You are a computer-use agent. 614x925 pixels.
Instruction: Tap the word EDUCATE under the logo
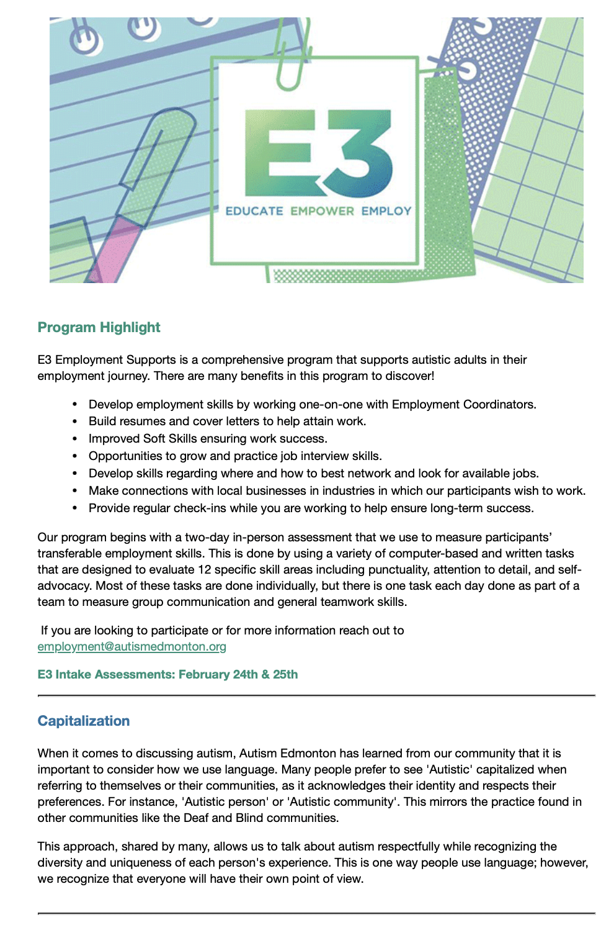tap(254, 211)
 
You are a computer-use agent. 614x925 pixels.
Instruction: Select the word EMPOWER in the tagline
tap(322, 211)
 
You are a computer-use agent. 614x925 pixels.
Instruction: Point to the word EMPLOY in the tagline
tap(386, 211)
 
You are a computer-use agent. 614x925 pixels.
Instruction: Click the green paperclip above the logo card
tap(291, 56)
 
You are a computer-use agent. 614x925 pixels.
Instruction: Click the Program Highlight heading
tap(99, 327)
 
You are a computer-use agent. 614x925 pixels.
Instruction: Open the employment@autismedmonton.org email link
tap(131, 647)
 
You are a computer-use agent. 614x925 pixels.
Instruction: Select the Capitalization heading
tap(84, 721)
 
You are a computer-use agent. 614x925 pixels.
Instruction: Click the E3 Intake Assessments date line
tap(167, 674)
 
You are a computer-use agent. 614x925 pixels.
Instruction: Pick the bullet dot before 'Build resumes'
tap(75, 422)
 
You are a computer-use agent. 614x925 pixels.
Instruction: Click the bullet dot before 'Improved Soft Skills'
tap(75, 439)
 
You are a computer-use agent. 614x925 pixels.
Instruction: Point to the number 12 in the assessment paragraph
tap(205, 570)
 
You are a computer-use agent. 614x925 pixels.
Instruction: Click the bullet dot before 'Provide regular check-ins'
tap(75, 508)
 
